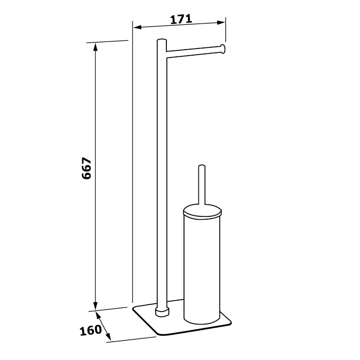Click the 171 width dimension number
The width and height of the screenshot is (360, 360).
pyautogui.click(x=181, y=19)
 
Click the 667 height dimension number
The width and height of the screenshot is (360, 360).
pyautogui.click(x=86, y=168)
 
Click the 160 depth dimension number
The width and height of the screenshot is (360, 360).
pyautogui.click(x=91, y=330)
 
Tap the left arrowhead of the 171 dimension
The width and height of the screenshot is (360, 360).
pyautogui.click(x=137, y=28)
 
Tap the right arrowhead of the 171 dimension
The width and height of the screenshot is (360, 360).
pyautogui.click(x=221, y=22)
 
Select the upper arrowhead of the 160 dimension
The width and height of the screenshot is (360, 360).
pyautogui.click(x=98, y=315)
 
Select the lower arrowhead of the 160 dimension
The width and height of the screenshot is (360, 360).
pyautogui.click(x=108, y=336)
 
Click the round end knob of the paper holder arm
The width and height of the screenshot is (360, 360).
pyautogui.click(x=223, y=49)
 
